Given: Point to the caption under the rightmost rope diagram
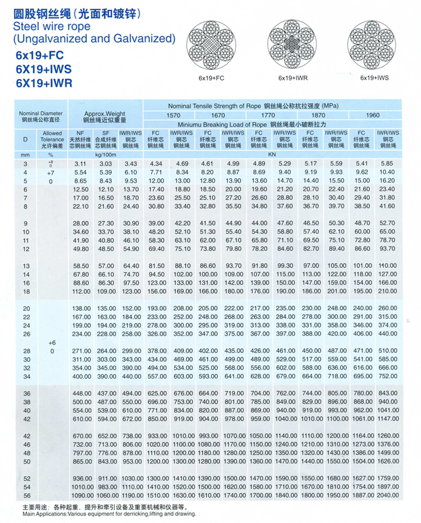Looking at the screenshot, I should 374,77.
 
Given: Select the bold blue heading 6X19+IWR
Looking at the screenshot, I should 44,83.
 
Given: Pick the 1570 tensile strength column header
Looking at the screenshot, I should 173,115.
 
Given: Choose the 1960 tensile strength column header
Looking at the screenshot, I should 373,115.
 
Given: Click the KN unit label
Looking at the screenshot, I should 272,155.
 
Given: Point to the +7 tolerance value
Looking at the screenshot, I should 51,172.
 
